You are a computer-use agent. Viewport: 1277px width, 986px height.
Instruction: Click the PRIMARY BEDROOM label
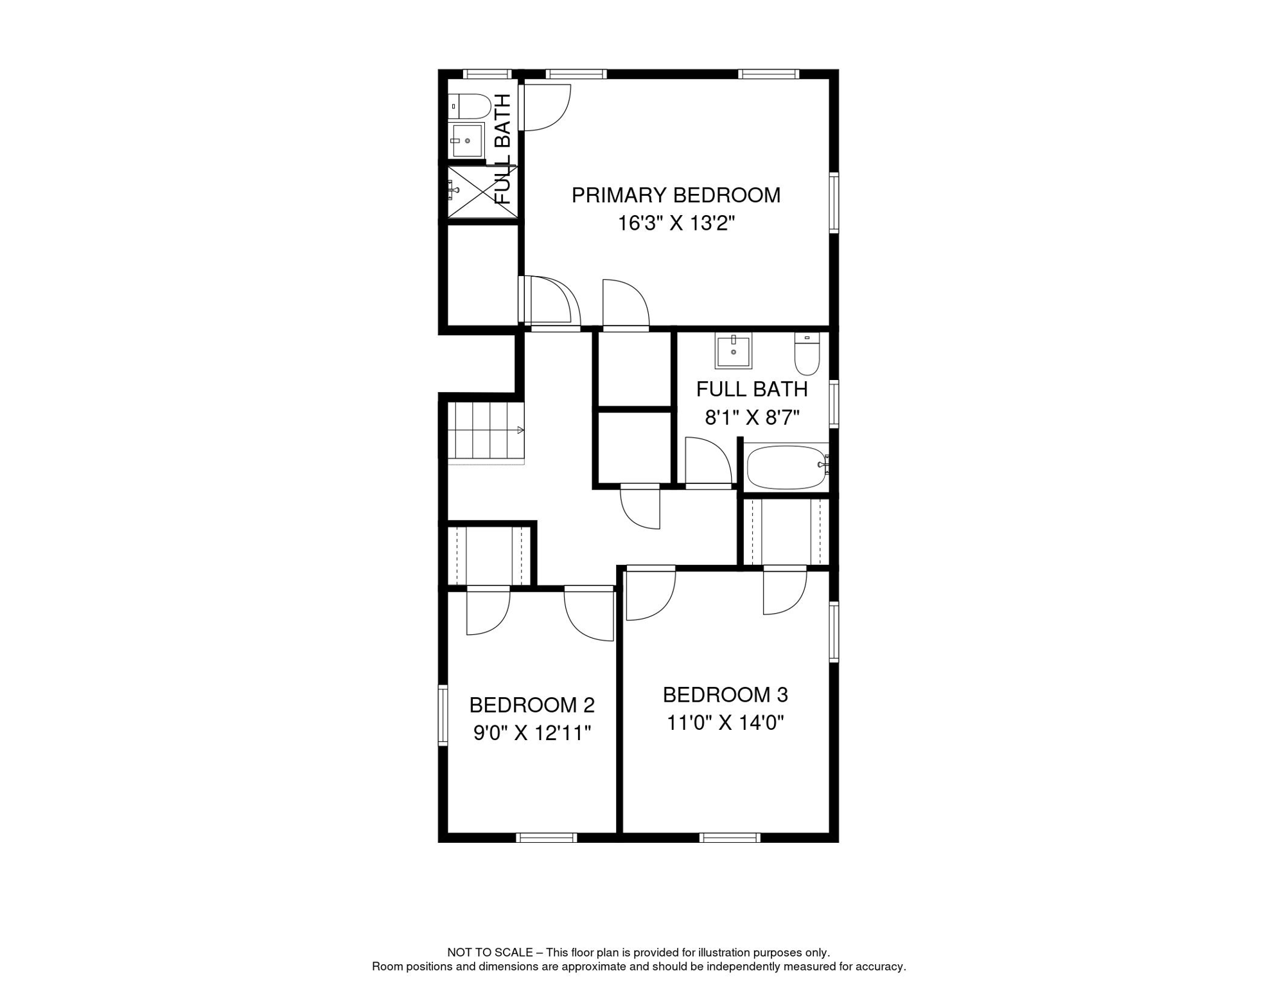676,195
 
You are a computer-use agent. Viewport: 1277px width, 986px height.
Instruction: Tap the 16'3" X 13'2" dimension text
676,223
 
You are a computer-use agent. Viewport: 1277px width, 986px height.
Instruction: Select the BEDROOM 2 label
532,705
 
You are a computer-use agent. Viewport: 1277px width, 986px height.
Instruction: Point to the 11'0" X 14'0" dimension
725,723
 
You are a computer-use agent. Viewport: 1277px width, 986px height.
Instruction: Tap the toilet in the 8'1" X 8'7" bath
807,354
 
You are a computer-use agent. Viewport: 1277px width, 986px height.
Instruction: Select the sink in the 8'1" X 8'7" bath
733,352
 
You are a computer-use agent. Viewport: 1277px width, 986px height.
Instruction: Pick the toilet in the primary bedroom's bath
470,106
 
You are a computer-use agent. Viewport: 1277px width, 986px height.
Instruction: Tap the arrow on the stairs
520,430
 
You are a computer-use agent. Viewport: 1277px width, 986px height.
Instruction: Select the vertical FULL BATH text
503,149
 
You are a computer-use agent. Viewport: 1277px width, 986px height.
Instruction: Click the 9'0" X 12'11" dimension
532,732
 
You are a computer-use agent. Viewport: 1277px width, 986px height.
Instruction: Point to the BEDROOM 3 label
725,695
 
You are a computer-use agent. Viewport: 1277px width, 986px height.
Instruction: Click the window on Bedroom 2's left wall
443,715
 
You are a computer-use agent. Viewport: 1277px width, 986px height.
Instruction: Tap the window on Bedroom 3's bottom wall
730,837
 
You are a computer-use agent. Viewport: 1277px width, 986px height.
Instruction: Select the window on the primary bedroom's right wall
834,202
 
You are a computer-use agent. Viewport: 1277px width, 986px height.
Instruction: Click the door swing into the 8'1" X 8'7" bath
708,462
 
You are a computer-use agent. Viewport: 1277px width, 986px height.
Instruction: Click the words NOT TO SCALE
489,953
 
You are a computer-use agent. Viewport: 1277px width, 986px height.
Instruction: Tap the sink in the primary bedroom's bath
466,141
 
